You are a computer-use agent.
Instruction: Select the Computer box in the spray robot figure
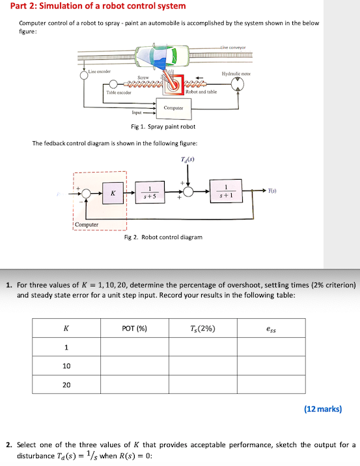173,107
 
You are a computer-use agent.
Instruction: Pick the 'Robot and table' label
201,92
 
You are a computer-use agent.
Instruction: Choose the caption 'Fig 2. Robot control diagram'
163,237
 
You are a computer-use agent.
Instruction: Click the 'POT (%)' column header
134,328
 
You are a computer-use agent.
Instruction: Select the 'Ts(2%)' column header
202,328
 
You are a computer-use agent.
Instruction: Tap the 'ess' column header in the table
271,329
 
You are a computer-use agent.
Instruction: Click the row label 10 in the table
66,366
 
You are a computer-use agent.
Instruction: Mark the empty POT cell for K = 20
134,385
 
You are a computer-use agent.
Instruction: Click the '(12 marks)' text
322,409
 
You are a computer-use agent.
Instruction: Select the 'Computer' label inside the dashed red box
87,225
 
